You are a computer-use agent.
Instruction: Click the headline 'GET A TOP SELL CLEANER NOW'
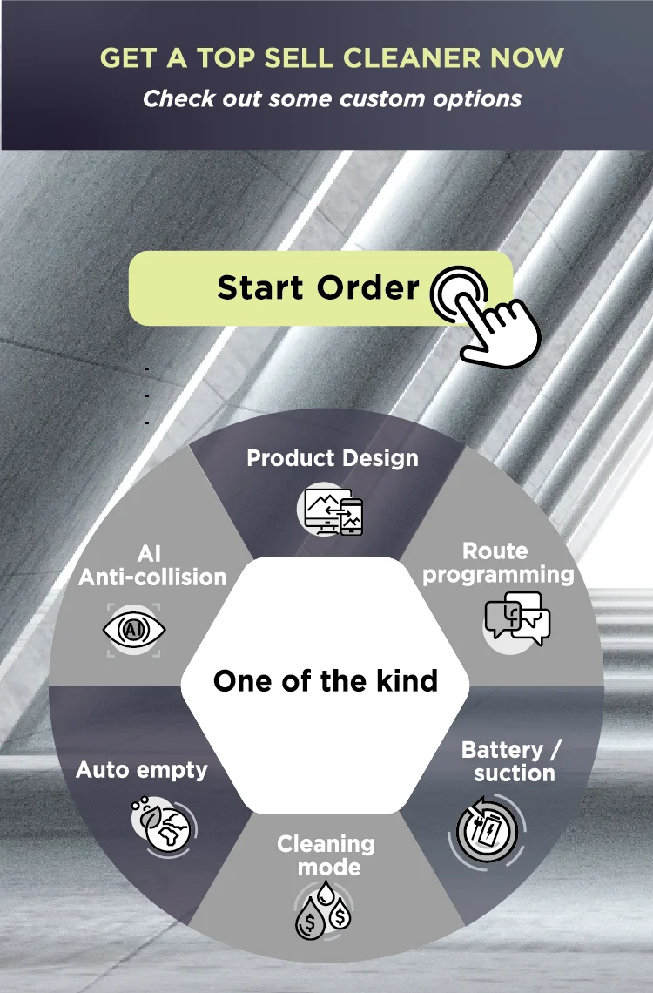pyautogui.click(x=332, y=58)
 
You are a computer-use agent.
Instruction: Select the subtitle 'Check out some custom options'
pyautogui.click(x=332, y=98)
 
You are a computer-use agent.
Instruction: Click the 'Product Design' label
pyautogui.click(x=332, y=458)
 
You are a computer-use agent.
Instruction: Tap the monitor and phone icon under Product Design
pyautogui.click(x=333, y=511)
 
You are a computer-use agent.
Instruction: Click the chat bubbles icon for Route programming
pyautogui.click(x=517, y=618)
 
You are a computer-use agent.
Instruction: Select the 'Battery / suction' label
pyautogui.click(x=514, y=761)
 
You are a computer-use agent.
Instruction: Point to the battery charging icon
pyautogui.click(x=488, y=829)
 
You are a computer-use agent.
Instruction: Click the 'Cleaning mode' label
pyautogui.click(x=326, y=855)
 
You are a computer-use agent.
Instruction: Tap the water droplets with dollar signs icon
pyautogui.click(x=323, y=911)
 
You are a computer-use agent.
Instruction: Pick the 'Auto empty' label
pyautogui.click(x=142, y=770)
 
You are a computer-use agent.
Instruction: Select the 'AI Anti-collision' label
pyautogui.click(x=152, y=565)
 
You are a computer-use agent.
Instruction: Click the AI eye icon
pyautogui.click(x=133, y=629)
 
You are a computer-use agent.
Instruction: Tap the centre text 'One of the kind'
pyautogui.click(x=325, y=680)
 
